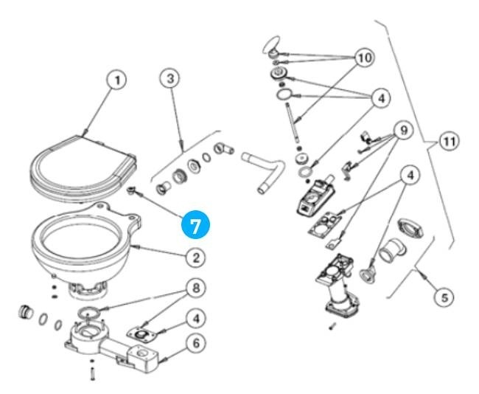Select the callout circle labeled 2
tap(195, 258)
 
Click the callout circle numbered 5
tap(442, 297)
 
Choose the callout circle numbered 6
tap(195, 343)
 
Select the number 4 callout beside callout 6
tap(195, 319)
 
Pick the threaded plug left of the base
tap(27, 310)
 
